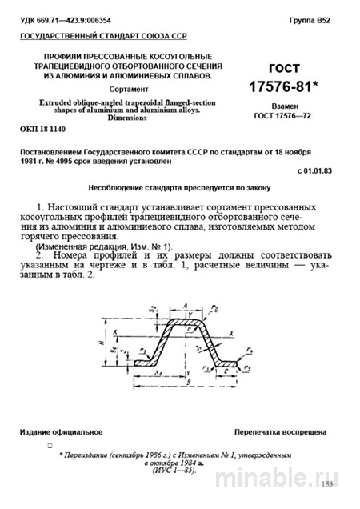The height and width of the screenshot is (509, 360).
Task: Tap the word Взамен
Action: click(286, 105)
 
